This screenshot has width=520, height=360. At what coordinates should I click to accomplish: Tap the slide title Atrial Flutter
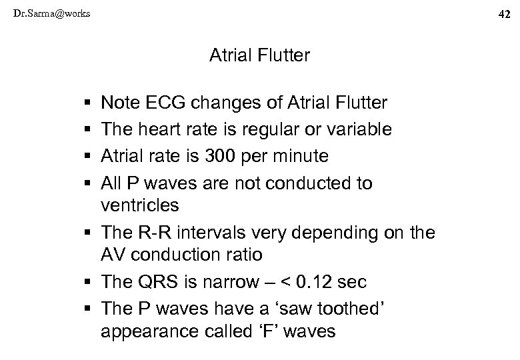259,55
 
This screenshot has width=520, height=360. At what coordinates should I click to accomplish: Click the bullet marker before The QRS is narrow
89,283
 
